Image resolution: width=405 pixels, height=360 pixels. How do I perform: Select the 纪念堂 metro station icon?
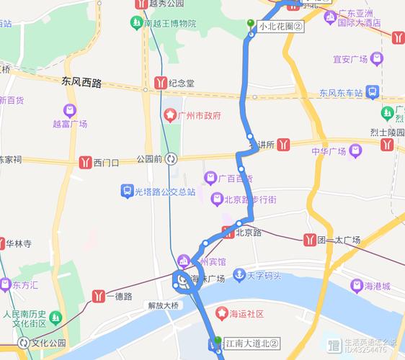pos(160,83)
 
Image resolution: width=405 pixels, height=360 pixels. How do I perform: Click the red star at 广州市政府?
pos(170,115)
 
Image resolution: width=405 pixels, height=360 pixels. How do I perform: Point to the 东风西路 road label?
pos(81,84)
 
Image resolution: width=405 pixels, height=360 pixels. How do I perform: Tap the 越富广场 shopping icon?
pos(70,111)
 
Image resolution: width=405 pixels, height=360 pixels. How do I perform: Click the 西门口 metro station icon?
pos(86,162)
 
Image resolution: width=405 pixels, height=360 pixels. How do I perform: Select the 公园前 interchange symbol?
pos(171,159)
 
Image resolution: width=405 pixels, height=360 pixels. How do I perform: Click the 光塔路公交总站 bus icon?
pos(128,192)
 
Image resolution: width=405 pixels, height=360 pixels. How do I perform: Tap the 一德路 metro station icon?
pos(99,295)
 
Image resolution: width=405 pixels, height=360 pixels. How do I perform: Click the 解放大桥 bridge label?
pos(162,305)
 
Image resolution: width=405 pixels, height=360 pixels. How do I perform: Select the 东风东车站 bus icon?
pos(372,92)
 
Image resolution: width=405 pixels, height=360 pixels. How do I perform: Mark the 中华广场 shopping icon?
pos(355,151)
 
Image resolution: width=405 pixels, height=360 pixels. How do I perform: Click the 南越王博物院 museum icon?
pos(136,23)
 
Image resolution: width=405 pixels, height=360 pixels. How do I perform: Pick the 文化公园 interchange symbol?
pos(22,343)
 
